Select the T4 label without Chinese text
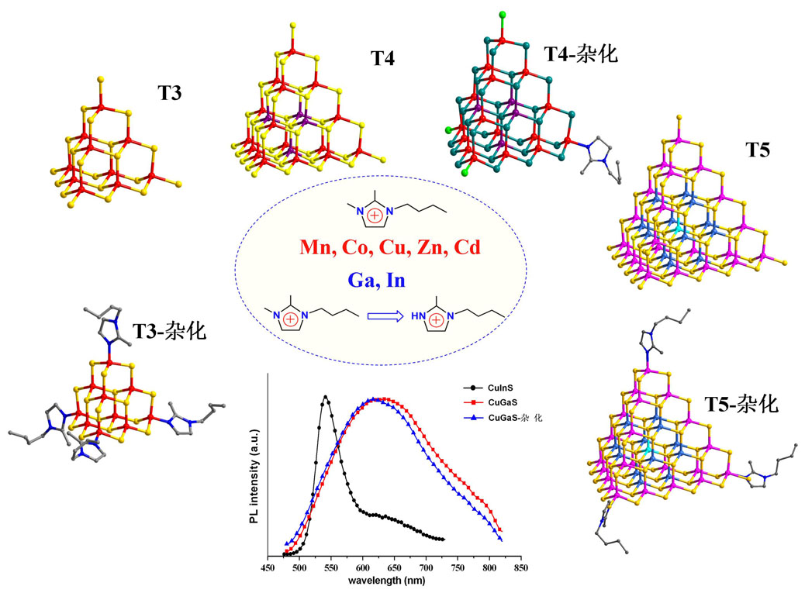tap(383, 57)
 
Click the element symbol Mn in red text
tap(320, 248)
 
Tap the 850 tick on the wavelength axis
tap(521, 568)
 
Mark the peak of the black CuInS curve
tap(325, 397)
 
